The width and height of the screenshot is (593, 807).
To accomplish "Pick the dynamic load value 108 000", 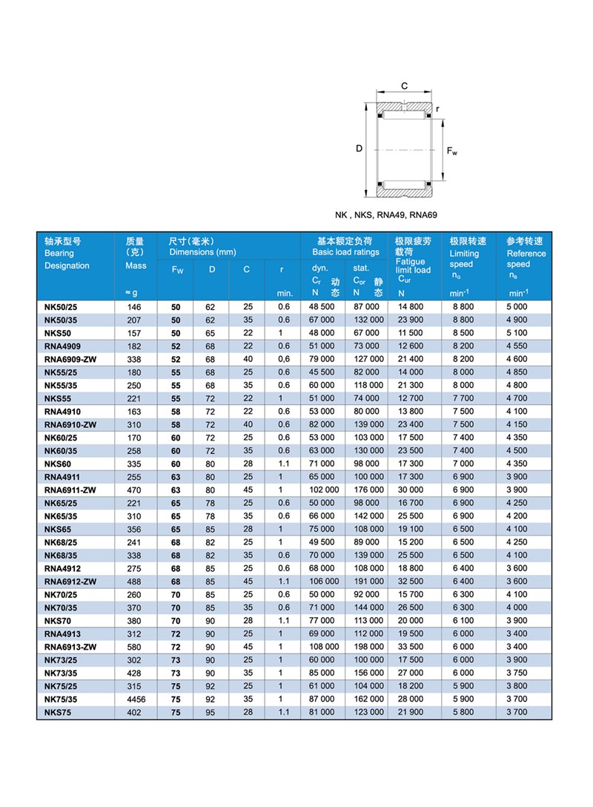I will [323, 646].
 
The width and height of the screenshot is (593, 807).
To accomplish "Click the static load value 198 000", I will [368, 646].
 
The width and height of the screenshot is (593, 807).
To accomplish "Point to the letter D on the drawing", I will [359, 149].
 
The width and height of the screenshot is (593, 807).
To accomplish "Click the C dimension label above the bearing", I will [405, 86].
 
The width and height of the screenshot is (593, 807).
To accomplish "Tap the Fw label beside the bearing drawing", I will [452, 151].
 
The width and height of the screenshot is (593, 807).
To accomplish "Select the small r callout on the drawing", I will [437, 109].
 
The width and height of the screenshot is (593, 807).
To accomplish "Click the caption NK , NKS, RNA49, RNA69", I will [385, 215].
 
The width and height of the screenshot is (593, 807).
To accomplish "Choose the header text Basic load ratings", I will [345, 252].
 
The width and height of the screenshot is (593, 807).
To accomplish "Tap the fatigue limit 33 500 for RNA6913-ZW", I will [411, 646].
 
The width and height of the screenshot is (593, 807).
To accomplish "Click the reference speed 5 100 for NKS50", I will [517, 332].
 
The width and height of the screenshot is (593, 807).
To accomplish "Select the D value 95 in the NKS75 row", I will [211, 712].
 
